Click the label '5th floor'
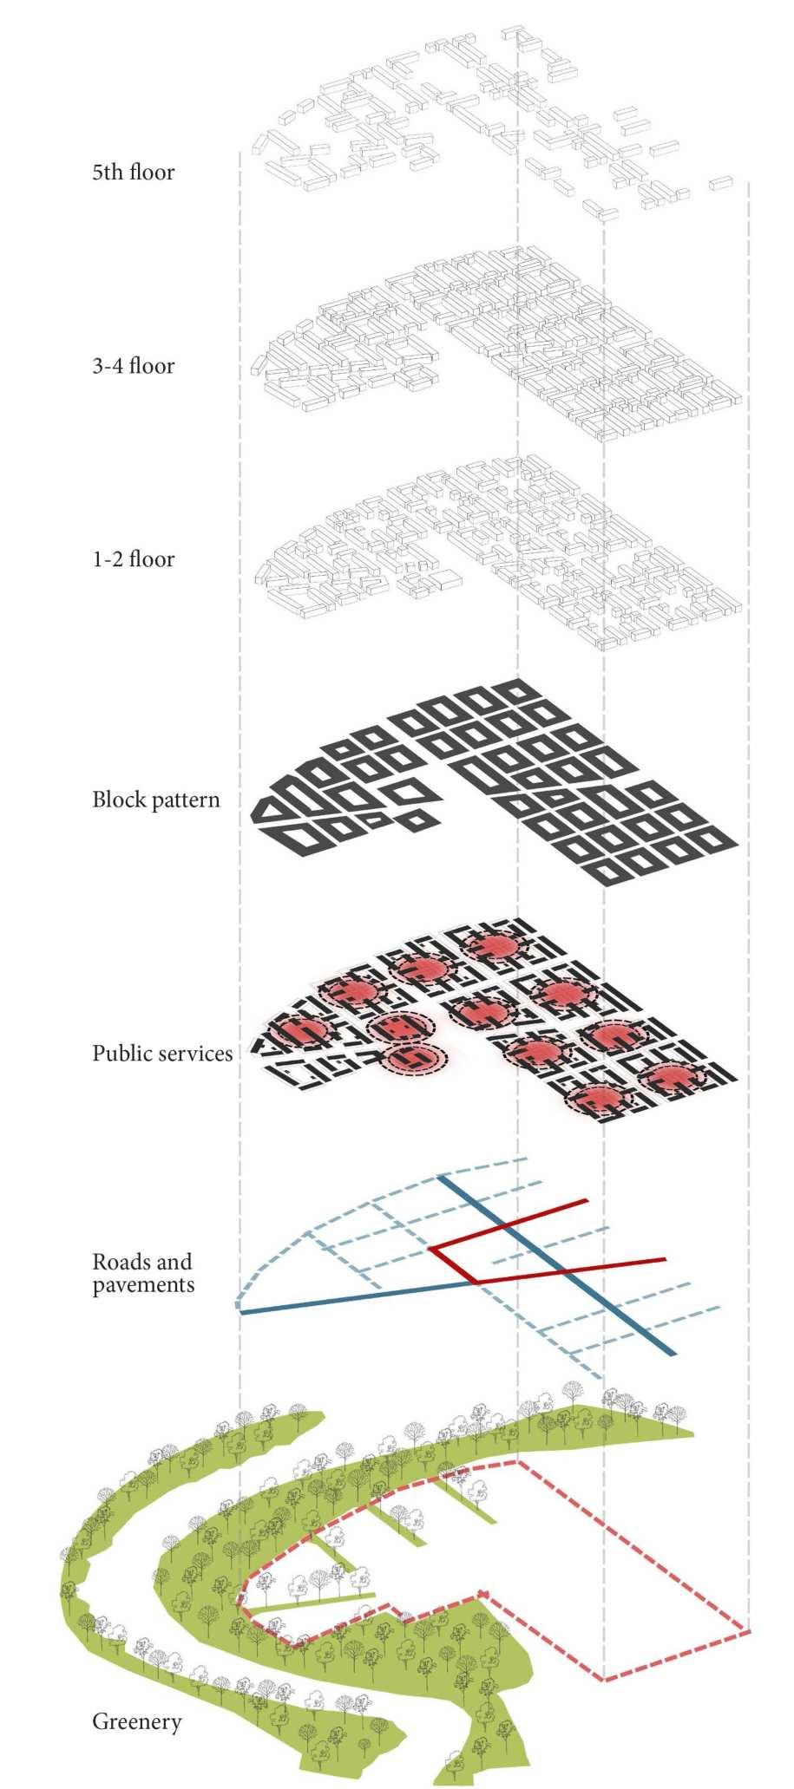pos(133,173)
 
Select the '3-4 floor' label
pos(133,366)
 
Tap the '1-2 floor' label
pos(133,559)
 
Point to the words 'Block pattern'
pos(156,800)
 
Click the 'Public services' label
pos(162,1054)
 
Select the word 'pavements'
pos(143,1285)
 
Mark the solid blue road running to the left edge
pos(347,1298)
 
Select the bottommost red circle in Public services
pos(597,1099)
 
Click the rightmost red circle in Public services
pos(673,1077)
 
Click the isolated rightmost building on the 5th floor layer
pos(721,182)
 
